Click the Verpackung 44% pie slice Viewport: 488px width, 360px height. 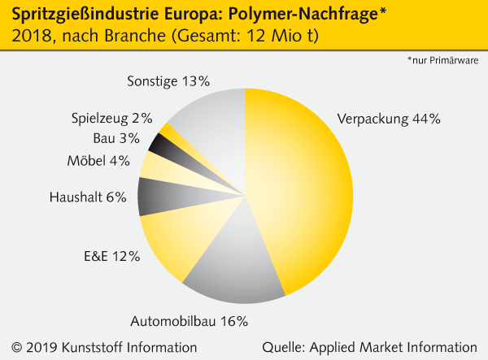point(301,187)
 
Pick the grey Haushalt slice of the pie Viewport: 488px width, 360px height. point(155,196)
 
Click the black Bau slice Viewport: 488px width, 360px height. point(160,146)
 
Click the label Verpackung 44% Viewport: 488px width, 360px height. point(388,119)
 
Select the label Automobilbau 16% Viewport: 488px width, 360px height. point(200,321)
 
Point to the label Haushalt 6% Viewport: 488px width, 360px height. point(88,197)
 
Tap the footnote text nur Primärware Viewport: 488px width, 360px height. point(443,60)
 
